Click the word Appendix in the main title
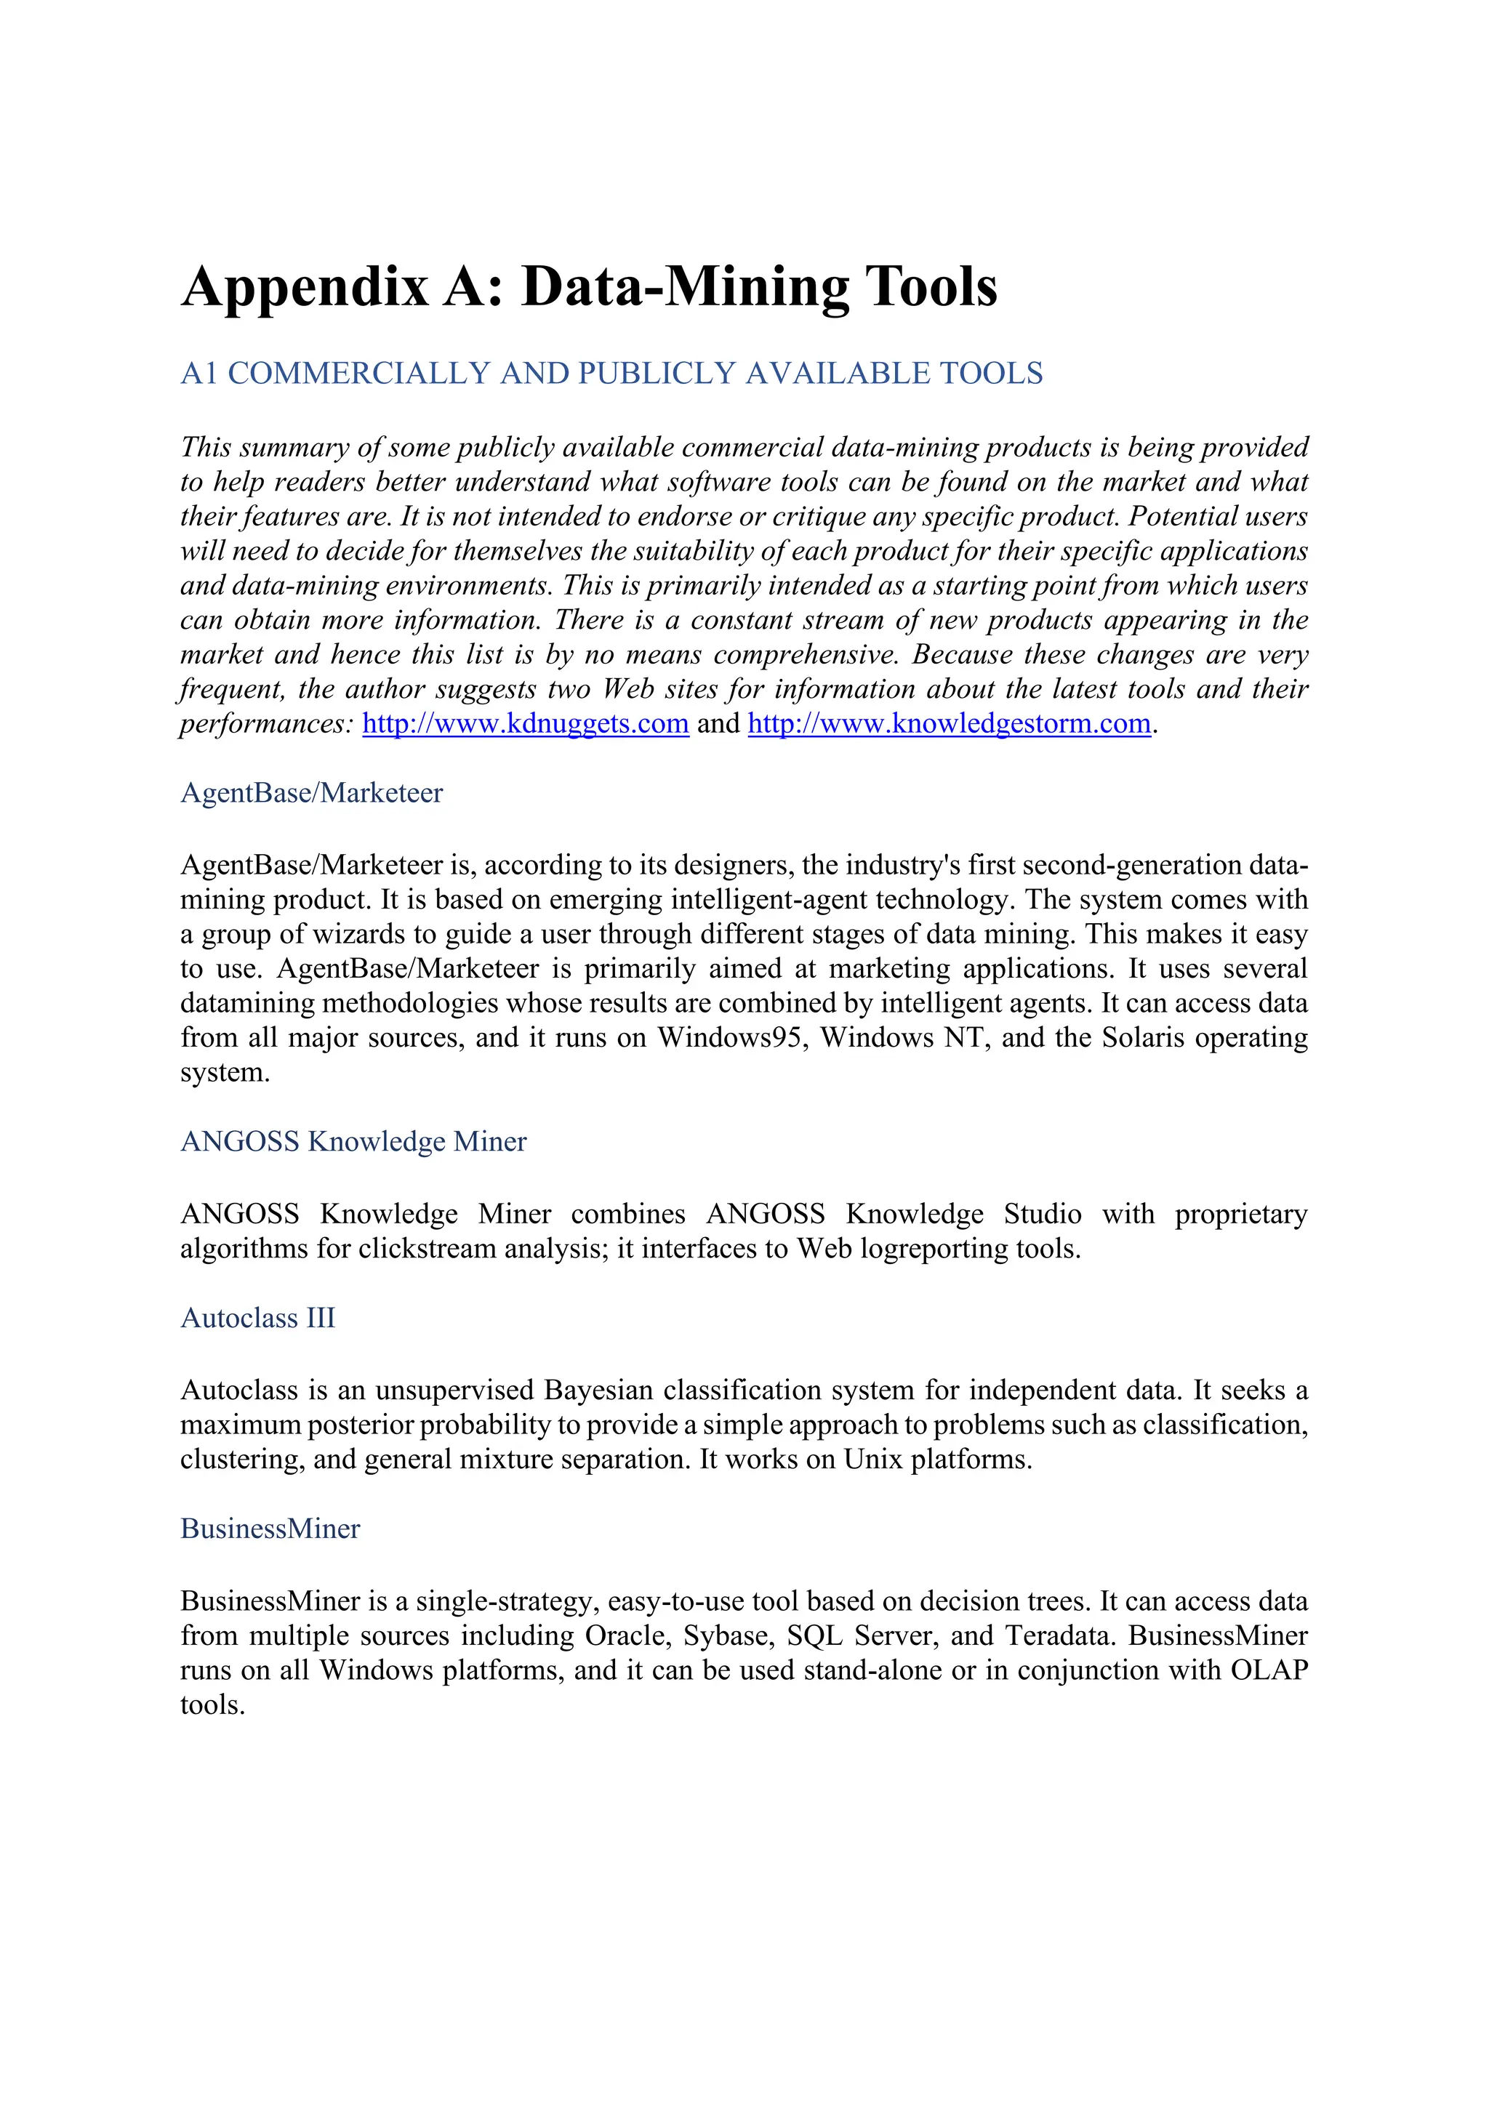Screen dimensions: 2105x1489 click(305, 288)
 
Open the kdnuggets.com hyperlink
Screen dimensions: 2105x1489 click(526, 723)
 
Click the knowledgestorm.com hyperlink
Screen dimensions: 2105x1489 click(949, 723)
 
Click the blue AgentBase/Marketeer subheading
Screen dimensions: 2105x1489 click(312, 793)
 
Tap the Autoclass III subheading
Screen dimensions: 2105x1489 click(257, 1318)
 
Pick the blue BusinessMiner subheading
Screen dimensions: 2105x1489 click(270, 1529)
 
